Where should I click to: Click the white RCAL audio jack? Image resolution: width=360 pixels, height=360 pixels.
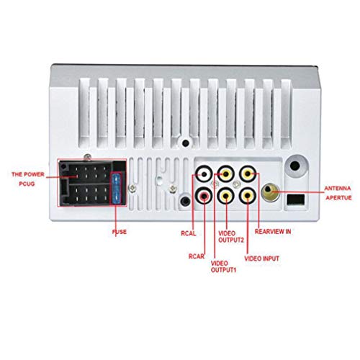(204, 174)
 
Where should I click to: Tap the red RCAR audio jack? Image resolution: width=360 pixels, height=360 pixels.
(204, 196)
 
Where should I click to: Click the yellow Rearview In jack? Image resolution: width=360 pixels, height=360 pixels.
(248, 174)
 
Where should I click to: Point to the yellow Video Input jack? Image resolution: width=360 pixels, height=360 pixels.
(248, 196)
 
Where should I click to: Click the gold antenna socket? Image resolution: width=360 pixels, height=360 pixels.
(271, 192)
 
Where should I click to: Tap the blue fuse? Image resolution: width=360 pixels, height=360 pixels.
(117, 189)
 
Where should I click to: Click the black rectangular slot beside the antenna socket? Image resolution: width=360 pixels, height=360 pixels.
(296, 199)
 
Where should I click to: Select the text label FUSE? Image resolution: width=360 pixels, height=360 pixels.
(120, 232)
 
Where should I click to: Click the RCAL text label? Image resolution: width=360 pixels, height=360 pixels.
(189, 233)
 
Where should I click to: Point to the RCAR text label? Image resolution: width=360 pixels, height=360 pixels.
(197, 256)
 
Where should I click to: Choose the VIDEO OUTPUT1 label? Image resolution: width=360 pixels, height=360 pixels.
(223, 266)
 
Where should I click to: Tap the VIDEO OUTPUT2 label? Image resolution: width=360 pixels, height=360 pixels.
(231, 237)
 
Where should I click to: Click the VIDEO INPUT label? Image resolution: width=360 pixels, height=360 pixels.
(261, 258)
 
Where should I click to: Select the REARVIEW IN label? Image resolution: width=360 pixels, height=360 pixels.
(273, 232)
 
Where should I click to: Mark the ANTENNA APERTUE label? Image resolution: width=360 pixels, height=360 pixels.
(338, 193)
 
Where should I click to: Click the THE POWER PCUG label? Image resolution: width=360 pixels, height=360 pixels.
(28, 179)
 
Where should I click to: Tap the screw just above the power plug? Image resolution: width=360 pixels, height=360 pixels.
(88, 157)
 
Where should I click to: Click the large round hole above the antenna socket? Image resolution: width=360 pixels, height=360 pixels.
(295, 166)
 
